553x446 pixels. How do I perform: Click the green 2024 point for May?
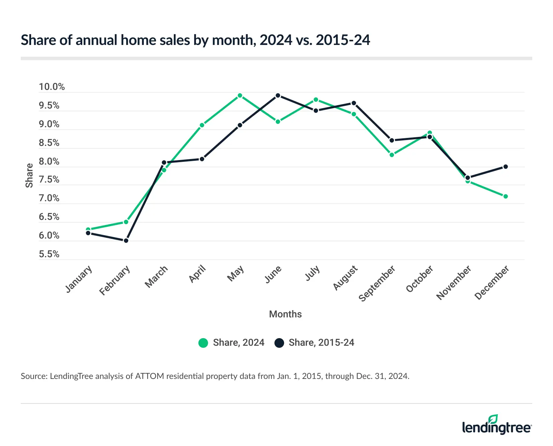point(240,95)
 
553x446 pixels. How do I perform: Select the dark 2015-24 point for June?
point(278,95)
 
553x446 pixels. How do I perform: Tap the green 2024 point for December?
point(505,196)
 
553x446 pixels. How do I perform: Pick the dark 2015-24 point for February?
point(126,241)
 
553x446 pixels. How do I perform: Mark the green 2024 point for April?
point(202,125)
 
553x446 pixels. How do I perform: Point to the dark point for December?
point(505,167)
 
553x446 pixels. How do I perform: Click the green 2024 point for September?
point(392,155)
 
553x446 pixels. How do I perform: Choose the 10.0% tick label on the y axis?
point(52,87)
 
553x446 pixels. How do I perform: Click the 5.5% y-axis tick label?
point(49,254)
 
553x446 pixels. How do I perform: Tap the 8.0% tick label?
point(49,161)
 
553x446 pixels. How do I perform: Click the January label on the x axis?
point(79,279)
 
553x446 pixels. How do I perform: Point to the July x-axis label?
point(312,273)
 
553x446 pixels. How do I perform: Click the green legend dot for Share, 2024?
point(203,343)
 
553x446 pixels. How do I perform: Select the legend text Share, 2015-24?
point(321,343)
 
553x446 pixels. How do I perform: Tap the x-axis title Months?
point(285,314)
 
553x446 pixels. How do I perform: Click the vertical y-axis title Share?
point(29,176)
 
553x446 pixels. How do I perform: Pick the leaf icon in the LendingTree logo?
point(493,419)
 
